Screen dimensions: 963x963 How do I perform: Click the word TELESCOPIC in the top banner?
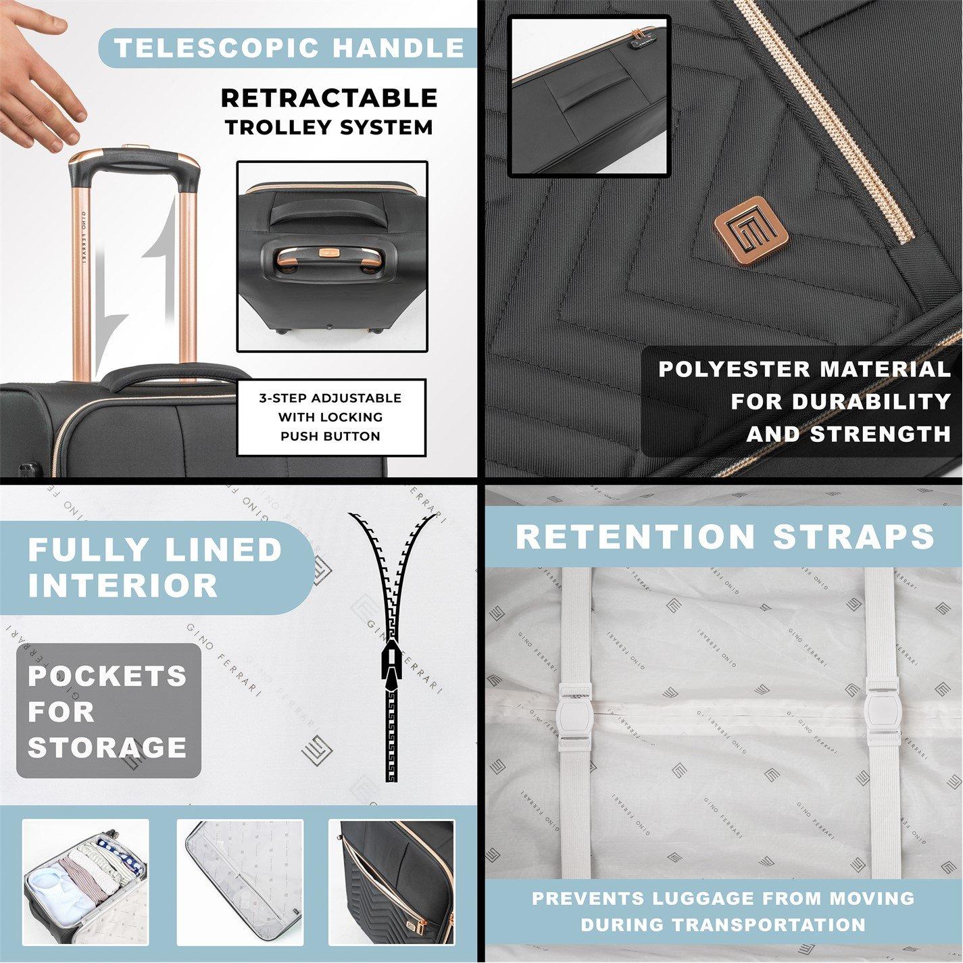[218, 48]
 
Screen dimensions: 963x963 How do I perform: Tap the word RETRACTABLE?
[329, 97]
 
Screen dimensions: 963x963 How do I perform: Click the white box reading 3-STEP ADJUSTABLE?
[332, 417]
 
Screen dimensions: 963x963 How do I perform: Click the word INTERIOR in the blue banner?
[123, 586]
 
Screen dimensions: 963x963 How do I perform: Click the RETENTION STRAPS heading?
[724, 537]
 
